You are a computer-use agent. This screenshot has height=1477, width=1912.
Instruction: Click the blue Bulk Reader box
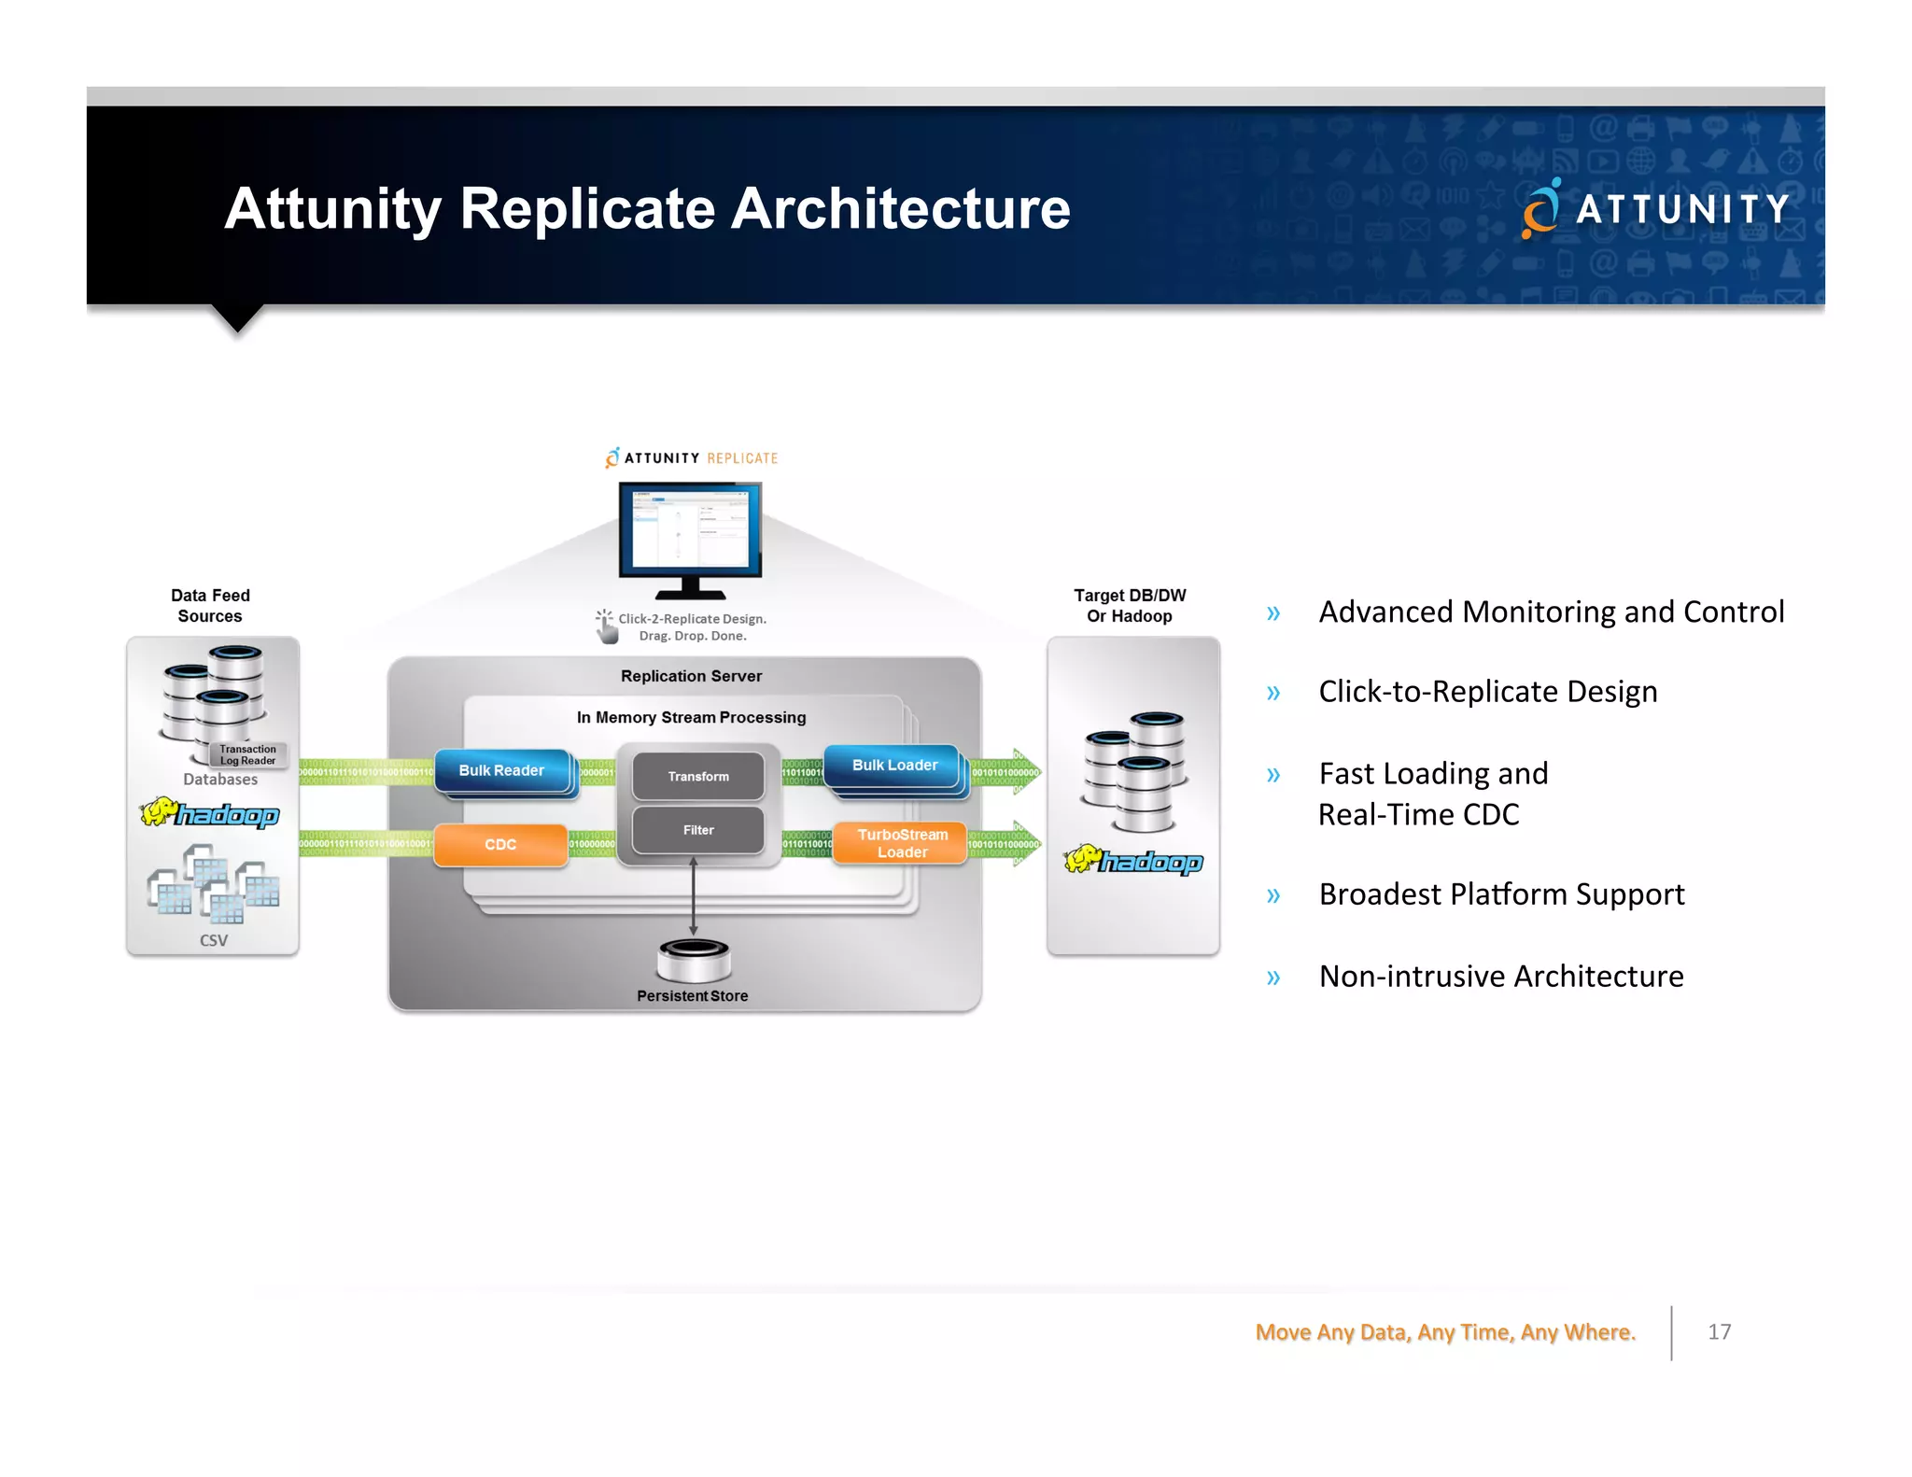[x=501, y=770]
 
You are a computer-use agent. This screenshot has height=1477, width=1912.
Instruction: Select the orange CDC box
[x=500, y=844]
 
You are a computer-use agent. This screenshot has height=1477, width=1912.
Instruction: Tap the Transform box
[x=698, y=776]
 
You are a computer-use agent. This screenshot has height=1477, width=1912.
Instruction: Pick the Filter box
[x=698, y=830]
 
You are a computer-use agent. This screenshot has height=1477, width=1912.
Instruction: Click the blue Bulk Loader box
[x=893, y=766]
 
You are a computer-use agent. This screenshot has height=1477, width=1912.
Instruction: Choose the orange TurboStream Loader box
[x=901, y=843]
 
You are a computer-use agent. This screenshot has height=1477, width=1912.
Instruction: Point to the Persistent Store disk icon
[x=693, y=960]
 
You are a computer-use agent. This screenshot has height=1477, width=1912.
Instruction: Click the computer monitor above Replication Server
[x=690, y=537]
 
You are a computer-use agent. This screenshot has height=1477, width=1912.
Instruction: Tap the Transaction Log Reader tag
[x=247, y=754]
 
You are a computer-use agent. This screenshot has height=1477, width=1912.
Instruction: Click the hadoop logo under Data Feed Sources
[x=210, y=813]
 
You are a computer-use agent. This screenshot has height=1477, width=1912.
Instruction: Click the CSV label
[x=214, y=940]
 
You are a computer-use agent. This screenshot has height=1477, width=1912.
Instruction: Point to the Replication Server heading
[x=691, y=676]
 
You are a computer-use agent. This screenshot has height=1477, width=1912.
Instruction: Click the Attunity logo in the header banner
[x=1655, y=208]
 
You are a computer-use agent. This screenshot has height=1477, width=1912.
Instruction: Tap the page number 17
[x=1719, y=1332]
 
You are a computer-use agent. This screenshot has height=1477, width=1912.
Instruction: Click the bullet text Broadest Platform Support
[x=1501, y=894]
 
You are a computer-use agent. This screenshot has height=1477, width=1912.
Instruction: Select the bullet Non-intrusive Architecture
[x=1501, y=977]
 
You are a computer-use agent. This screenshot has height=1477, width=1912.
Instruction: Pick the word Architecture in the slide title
[x=900, y=208]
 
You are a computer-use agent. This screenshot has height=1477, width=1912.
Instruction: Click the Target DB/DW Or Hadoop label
[x=1130, y=606]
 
